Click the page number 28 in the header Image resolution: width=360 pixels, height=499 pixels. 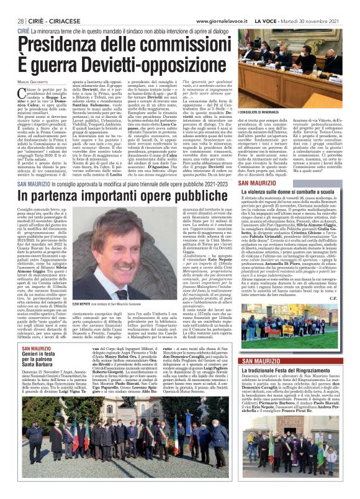pos(20,6)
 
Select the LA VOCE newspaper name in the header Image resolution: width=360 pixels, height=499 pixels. pos(276,6)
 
